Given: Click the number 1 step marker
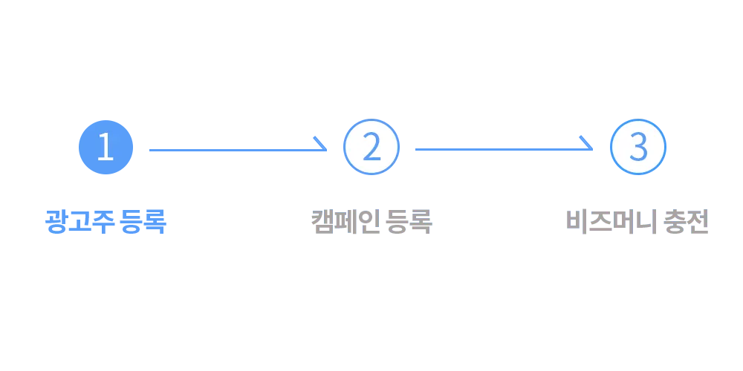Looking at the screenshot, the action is tap(106, 147).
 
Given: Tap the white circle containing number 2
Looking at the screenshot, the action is tap(371, 147).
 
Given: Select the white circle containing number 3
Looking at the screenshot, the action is tap(637, 147).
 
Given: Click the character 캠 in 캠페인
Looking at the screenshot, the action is tap(323, 223).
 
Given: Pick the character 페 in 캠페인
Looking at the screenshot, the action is tap(344, 223).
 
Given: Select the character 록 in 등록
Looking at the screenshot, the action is tap(421, 223).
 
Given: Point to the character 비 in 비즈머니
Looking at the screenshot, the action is tap(577, 223).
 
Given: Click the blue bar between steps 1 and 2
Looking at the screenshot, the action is tap(238, 147).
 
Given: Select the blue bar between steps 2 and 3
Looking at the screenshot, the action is tap(505, 147).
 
